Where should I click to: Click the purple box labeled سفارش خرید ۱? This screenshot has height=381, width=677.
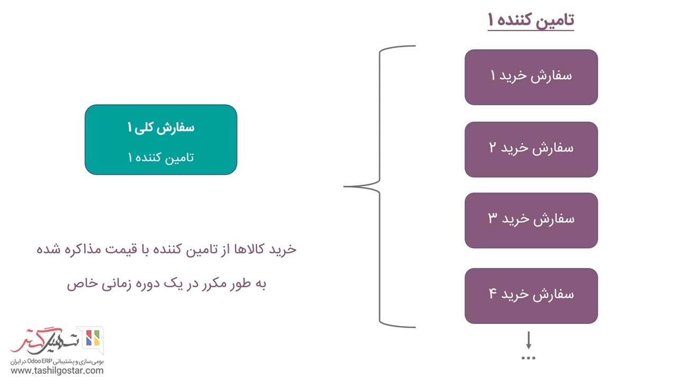tap(531, 77)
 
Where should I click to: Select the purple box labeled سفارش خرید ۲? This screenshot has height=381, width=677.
tap(531, 149)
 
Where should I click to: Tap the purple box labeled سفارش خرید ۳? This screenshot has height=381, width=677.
tap(531, 221)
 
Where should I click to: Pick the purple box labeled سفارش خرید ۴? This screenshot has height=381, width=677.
tap(531, 296)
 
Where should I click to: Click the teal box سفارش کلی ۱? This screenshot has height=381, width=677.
tap(161, 139)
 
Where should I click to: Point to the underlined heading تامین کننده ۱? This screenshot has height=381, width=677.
tap(530, 21)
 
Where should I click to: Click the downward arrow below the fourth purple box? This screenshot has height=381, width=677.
tap(528, 340)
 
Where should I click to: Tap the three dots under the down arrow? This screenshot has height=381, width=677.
tap(528, 358)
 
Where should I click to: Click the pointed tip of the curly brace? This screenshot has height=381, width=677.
tap(344, 187)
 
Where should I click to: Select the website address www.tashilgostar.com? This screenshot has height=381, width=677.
tap(57, 370)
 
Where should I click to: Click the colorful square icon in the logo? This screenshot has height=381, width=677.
tap(93, 338)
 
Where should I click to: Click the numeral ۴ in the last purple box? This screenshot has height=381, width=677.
tap(492, 293)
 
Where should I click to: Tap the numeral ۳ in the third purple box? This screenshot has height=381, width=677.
tap(492, 217)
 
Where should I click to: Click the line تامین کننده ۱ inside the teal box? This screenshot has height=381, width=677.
tap(161, 158)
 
